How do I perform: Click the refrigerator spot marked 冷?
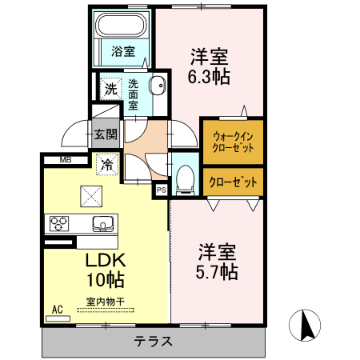106,166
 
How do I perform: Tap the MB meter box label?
62,160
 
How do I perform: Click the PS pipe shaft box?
161,190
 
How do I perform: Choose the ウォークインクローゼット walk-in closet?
231,142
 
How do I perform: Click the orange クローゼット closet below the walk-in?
232,182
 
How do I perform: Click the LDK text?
105,260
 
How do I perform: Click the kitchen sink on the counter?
102,222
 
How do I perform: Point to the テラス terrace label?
153,341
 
